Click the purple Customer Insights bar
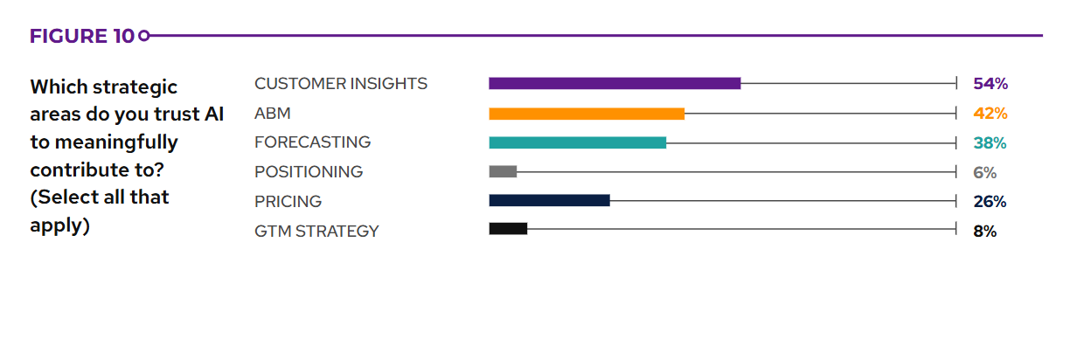click(x=615, y=84)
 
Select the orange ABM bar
click(x=587, y=114)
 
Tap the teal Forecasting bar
click(x=577, y=142)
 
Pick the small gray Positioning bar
click(x=503, y=172)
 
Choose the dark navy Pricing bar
click(x=549, y=201)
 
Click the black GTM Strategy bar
click(x=508, y=229)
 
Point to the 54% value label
click(x=990, y=84)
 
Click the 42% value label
click(x=990, y=114)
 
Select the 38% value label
click(x=990, y=142)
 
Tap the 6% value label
click(x=984, y=172)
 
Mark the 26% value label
click(x=990, y=202)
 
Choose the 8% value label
click(x=984, y=232)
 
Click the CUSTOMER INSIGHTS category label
click(x=341, y=84)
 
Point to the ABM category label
click(x=273, y=114)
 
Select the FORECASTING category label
click(x=312, y=142)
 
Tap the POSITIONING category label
click(x=309, y=172)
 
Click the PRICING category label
click(x=288, y=202)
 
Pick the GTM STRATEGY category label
click(x=316, y=232)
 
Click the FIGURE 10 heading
click(x=82, y=36)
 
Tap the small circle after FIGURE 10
click(x=144, y=36)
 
